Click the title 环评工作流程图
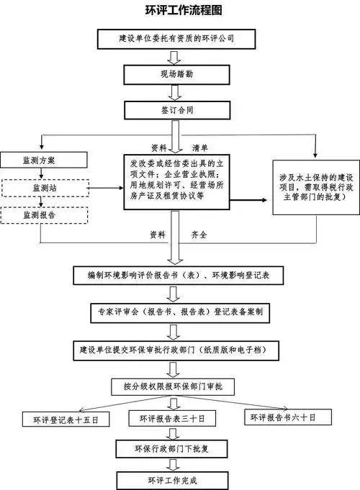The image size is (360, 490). (184, 10)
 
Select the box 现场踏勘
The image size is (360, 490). (176, 75)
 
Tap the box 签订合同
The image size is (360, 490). (177, 110)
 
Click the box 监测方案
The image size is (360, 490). (44, 160)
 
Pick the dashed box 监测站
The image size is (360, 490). (45, 188)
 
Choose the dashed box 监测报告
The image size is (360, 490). (44, 215)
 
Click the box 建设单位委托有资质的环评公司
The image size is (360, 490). (176, 39)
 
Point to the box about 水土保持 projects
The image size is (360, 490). (316, 187)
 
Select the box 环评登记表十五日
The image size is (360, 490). (66, 419)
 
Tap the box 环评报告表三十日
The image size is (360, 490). (172, 418)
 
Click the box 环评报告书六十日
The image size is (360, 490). (288, 417)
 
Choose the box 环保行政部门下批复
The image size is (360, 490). (171, 449)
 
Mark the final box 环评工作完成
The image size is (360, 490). (172, 481)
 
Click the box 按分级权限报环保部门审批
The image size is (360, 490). (173, 387)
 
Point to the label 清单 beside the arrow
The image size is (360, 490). (200, 148)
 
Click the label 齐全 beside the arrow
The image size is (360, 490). (199, 235)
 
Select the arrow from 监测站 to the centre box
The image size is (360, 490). (105, 188)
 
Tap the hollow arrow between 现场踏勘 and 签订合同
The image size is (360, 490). (174, 93)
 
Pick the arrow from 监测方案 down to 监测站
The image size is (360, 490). (41, 173)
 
